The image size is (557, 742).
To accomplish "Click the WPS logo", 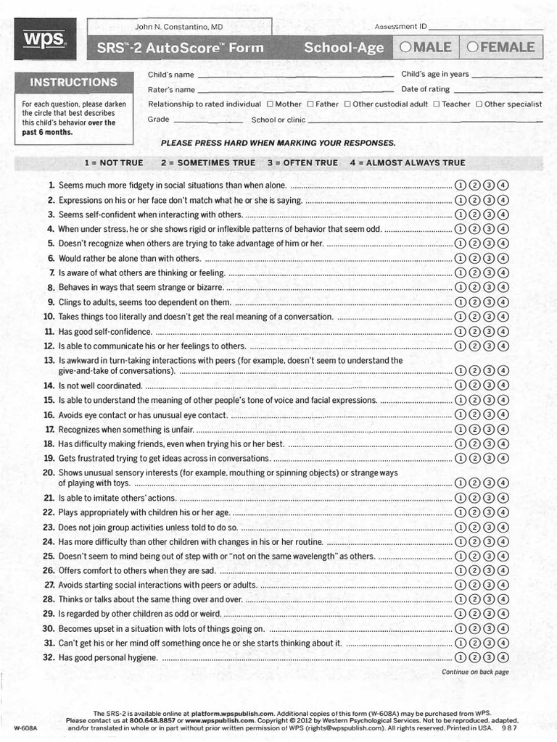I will click(44, 39).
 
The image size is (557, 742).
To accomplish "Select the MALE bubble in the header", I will click(406, 48).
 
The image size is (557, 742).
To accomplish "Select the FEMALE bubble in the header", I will click(472, 48).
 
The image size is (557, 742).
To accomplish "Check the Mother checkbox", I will click(270, 104).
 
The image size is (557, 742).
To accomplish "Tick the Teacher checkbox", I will click(436, 104).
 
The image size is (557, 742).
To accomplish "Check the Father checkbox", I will click(310, 104).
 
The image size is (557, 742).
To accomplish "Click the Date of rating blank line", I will click(498, 91).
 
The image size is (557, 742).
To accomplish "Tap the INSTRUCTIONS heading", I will click(73, 83).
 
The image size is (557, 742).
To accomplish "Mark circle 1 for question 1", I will click(460, 185).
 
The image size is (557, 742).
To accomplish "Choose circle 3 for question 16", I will click(489, 415).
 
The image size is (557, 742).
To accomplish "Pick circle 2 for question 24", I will click(474, 542).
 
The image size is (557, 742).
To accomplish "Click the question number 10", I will click(49, 317).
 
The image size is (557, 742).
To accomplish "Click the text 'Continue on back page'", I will click(475, 672).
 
